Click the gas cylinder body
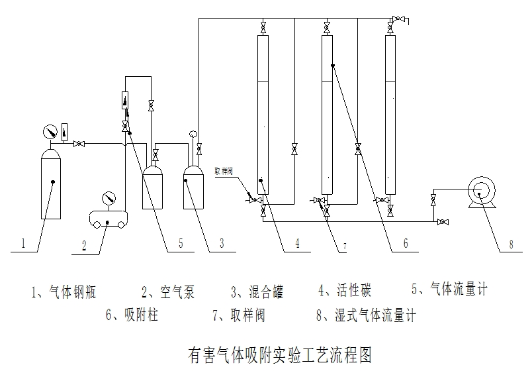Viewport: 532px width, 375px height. tap(50, 186)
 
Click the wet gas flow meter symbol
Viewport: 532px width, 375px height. tap(478, 191)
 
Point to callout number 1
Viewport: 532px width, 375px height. tap(22, 244)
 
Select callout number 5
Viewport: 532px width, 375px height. tap(180, 244)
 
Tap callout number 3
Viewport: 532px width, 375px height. tap(222, 244)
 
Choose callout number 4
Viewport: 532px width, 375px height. tap(297, 244)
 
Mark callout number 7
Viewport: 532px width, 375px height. tap(344, 245)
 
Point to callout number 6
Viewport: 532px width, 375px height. tap(405, 244)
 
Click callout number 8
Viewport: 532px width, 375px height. tap(510, 244)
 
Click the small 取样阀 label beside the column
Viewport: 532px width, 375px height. tap(223, 170)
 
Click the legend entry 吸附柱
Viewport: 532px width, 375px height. tap(132, 315)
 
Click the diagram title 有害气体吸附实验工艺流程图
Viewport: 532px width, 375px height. tap(280, 355)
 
